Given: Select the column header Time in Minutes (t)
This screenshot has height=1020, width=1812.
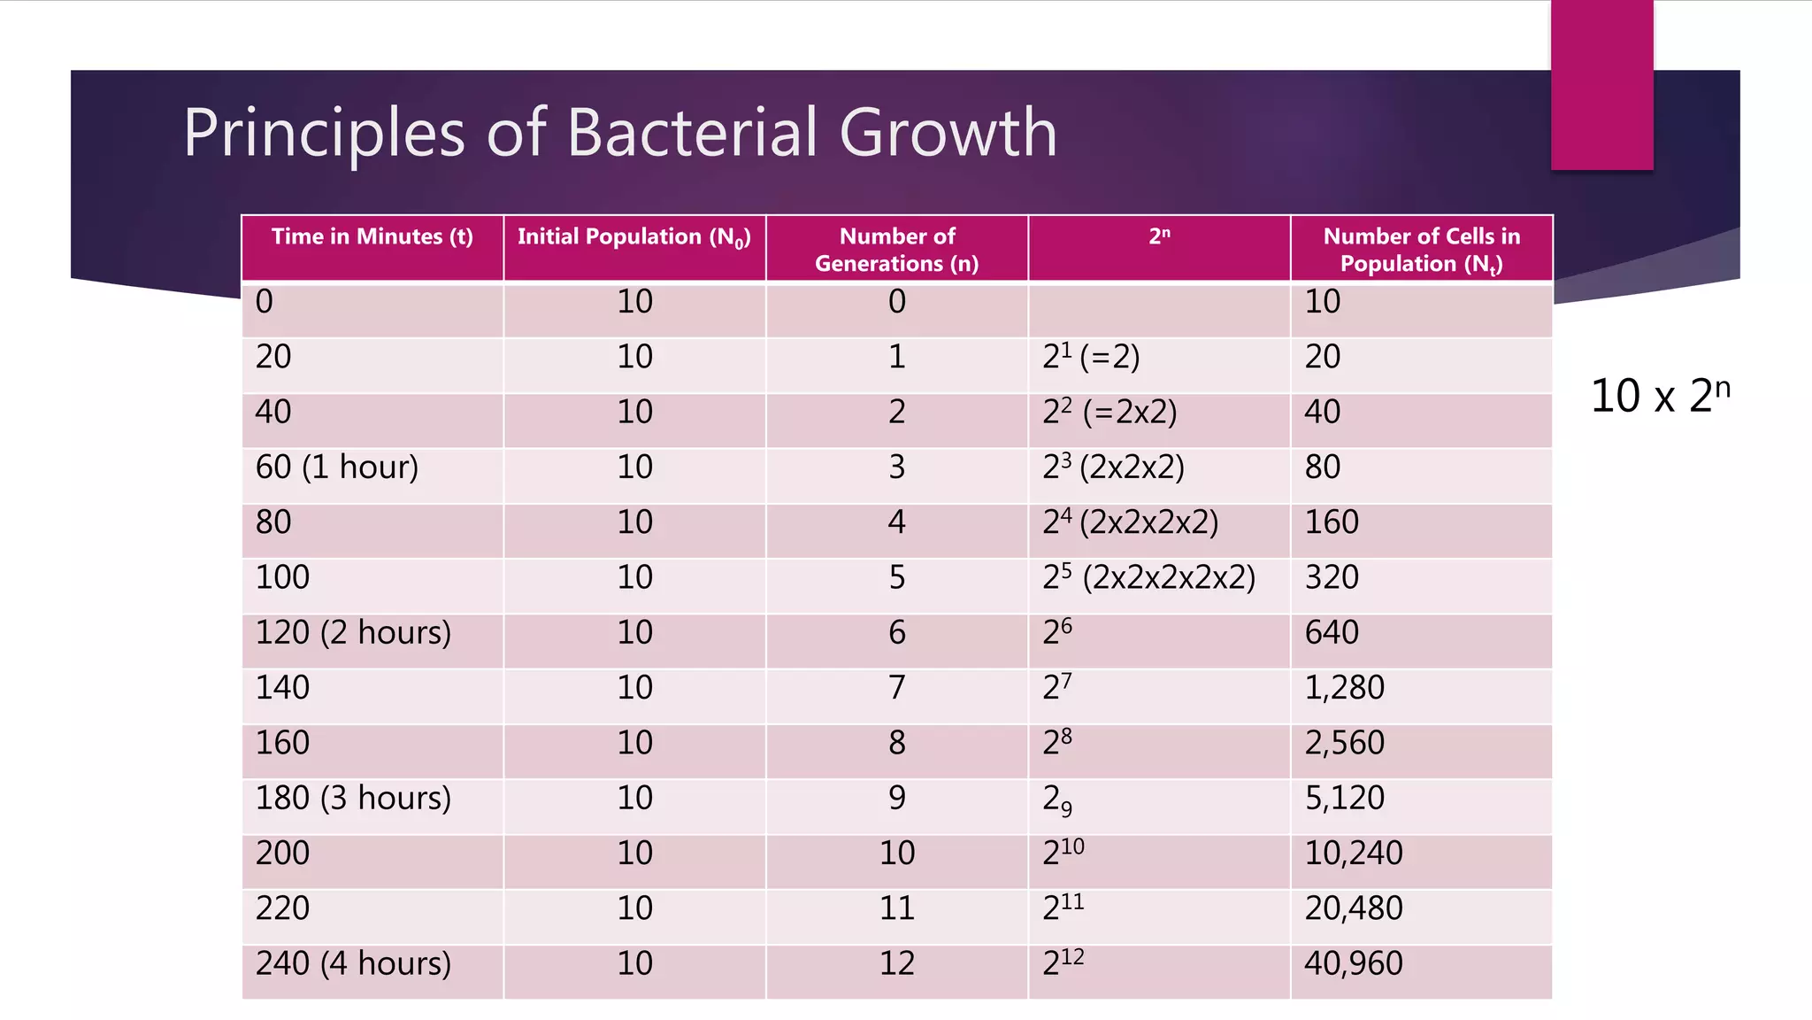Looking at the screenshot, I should click(x=372, y=237).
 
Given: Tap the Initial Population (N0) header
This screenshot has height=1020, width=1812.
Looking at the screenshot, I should click(x=633, y=237).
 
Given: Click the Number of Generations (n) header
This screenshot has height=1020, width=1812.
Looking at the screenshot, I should click(x=896, y=250).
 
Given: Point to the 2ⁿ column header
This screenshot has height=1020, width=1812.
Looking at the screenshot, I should click(x=1159, y=236).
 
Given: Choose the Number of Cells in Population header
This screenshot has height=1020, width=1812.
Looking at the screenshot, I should click(x=1421, y=250).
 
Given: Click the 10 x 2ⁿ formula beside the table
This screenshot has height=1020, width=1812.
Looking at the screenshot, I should click(x=1659, y=395).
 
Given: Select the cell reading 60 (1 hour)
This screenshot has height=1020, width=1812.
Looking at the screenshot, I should click(x=336, y=467).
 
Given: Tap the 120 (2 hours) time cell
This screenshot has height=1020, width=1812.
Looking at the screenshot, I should click(x=353, y=632).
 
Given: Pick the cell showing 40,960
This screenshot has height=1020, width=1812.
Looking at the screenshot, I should click(x=1353, y=963).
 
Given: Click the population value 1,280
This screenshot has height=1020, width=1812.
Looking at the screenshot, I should click(x=1344, y=688).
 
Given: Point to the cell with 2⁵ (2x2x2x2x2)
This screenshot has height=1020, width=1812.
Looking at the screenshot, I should click(x=1148, y=577).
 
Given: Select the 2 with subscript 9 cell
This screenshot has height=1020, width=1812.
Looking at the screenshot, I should click(x=1057, y=800).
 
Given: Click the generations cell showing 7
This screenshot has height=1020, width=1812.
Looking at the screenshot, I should click(x=896, y=688).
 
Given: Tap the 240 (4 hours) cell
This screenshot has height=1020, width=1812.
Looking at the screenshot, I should click(x=353, y=963).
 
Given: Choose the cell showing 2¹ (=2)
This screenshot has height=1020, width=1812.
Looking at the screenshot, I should click(x=1091, y=357).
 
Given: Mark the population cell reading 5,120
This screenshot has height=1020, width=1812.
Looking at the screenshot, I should click(x=1344, y=798).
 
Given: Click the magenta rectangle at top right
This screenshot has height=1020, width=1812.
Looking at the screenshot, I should click(x=1601, y=84).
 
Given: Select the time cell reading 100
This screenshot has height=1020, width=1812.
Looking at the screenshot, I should click(x=282, y=577).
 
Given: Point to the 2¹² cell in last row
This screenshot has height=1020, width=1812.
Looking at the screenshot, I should click(x=1063, y=963).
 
